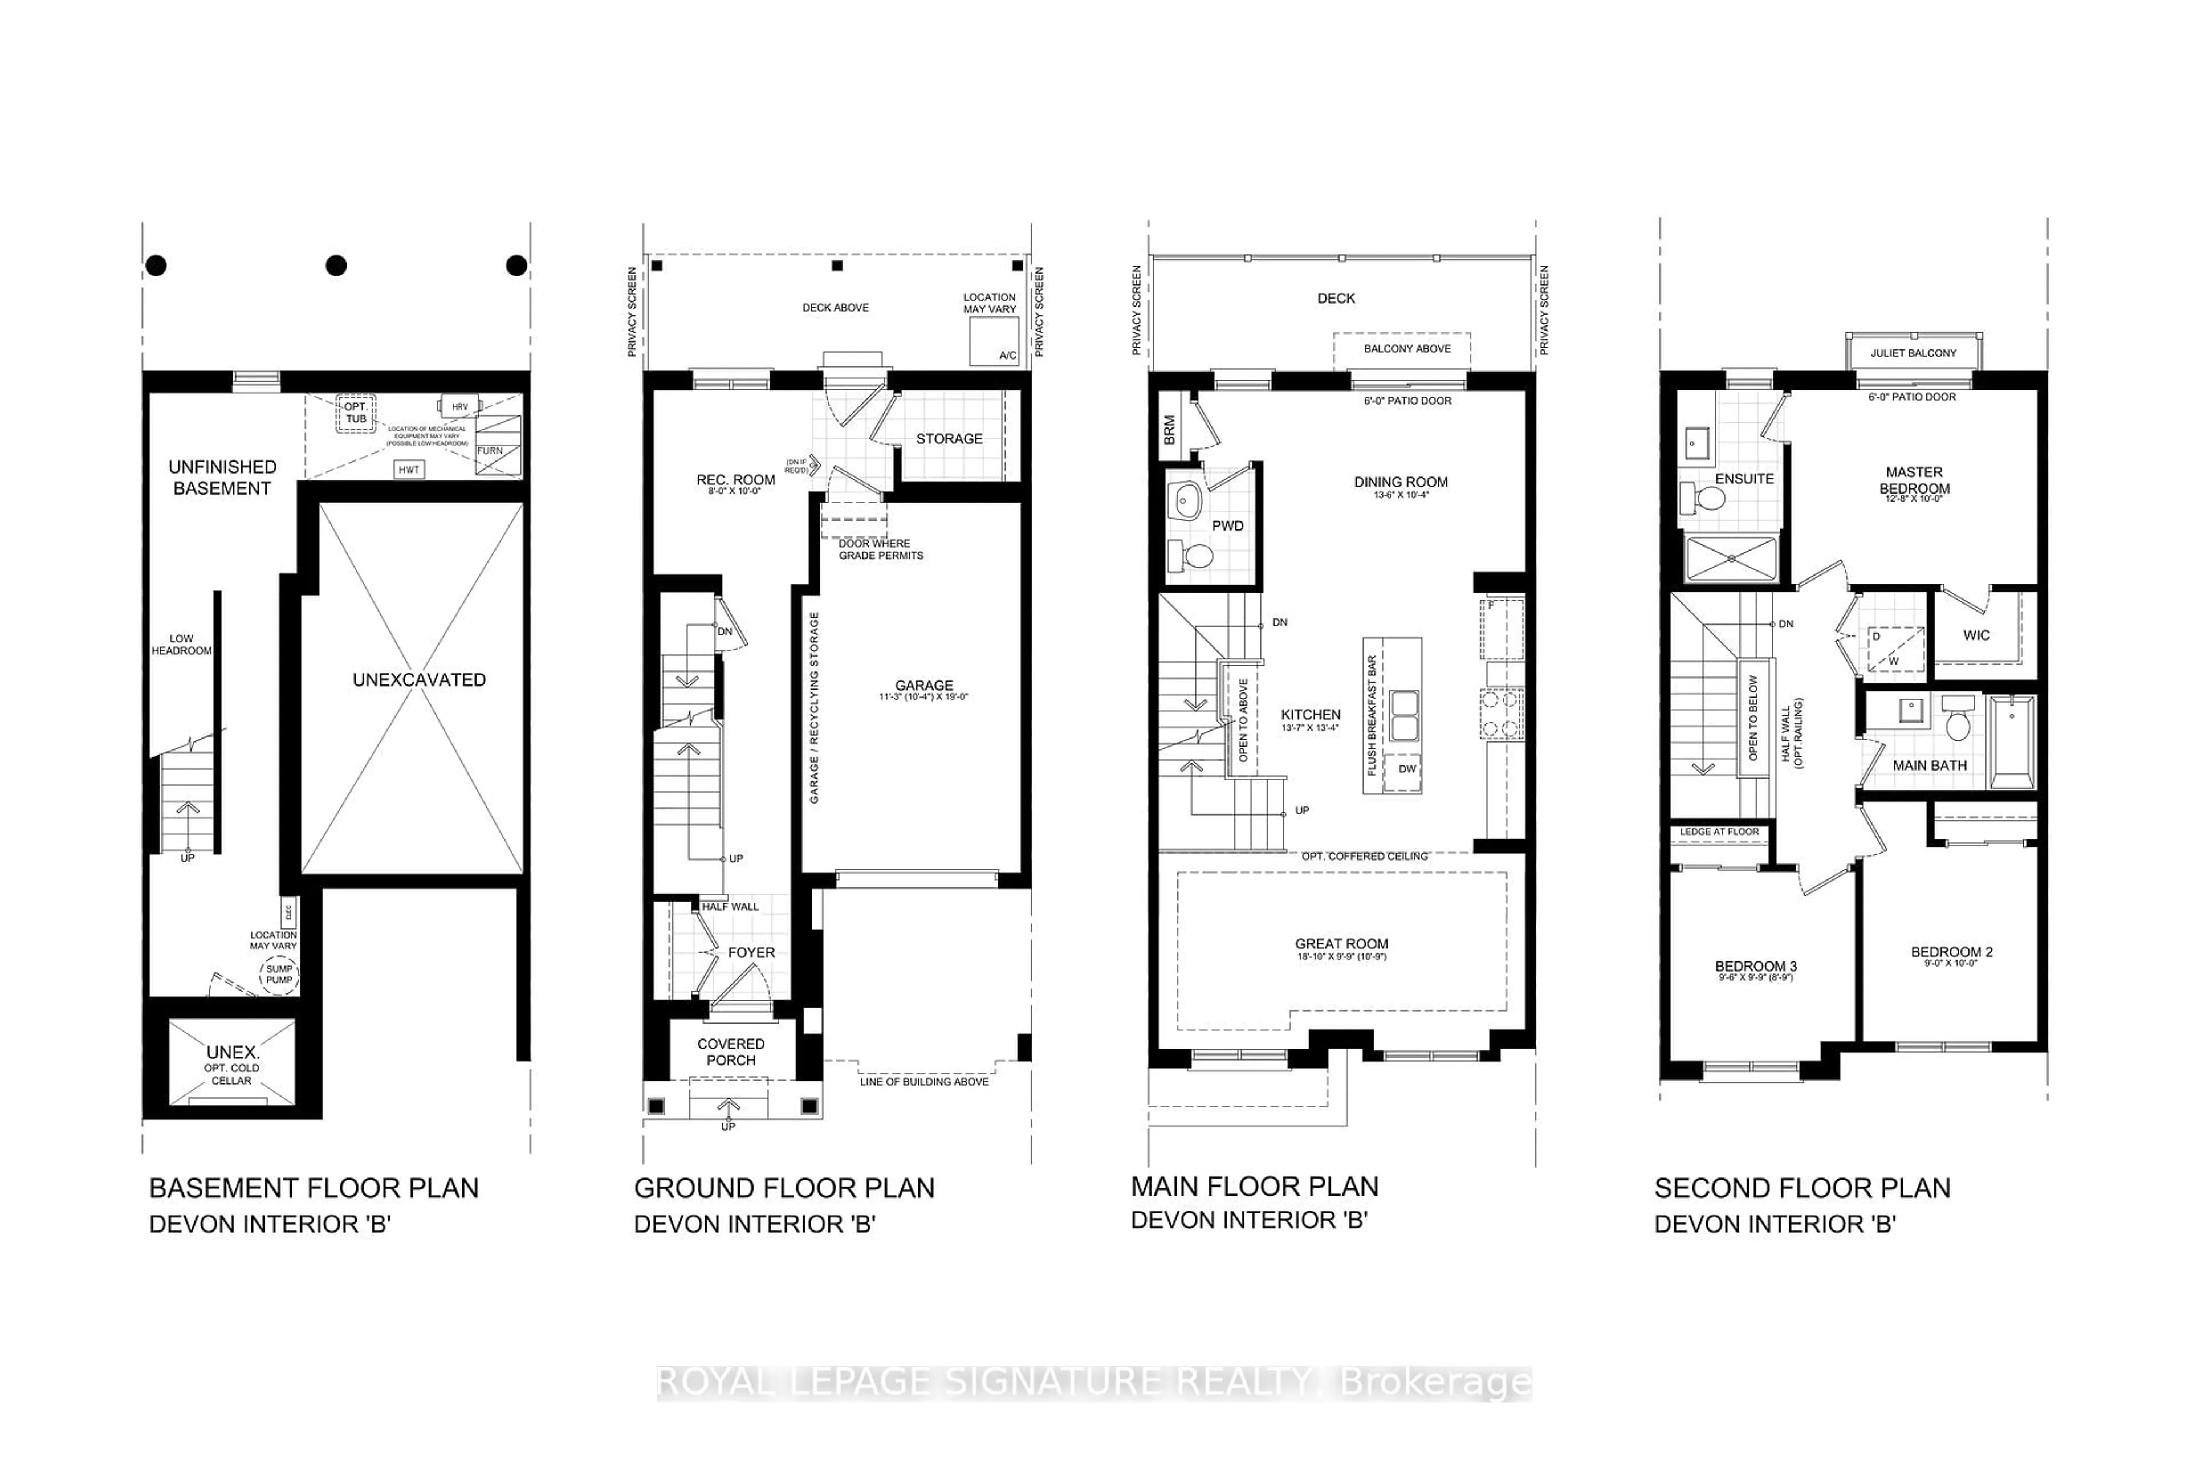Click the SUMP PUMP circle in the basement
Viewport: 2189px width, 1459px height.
(x=278, y=974)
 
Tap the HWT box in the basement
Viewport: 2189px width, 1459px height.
(x=409, y=470)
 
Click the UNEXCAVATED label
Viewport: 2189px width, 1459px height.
(x=419, y=680)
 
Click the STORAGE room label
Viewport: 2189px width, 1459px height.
(x=949, y=438)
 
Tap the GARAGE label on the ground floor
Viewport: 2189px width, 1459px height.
(x=923, y=686)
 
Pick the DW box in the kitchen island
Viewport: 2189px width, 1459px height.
(x=1406, y=769)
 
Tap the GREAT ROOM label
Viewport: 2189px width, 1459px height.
(x=1341, y=944)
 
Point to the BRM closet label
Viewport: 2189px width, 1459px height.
(x=1170, y=429)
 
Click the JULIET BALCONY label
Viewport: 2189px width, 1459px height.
(x=1914, y=353)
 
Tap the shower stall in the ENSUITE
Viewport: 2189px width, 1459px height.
(x=1731, y=559)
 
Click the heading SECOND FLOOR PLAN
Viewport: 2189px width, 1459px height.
(x=1802, y=1188)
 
